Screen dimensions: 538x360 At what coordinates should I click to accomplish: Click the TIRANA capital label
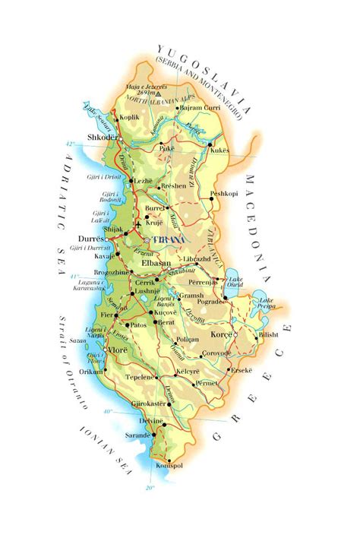(169, 240)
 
